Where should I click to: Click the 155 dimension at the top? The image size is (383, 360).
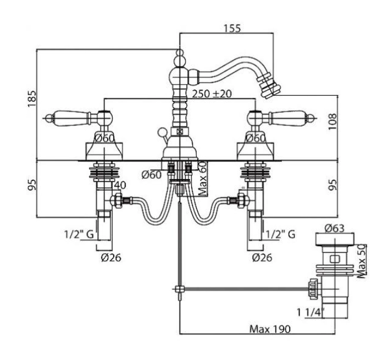[232, 28]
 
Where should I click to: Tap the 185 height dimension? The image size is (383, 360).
[32, 98]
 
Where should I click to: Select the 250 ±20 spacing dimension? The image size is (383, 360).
[212, 93]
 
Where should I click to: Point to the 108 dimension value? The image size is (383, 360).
[332, 121]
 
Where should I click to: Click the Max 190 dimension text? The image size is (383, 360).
[270, 329]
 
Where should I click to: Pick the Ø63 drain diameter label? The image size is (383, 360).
[335, 228]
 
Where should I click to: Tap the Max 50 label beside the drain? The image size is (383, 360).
[362, 261]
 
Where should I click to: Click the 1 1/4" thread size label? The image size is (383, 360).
[310, 312]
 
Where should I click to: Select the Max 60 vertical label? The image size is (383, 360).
[203, 179]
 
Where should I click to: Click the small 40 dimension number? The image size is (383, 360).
[120, 185]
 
